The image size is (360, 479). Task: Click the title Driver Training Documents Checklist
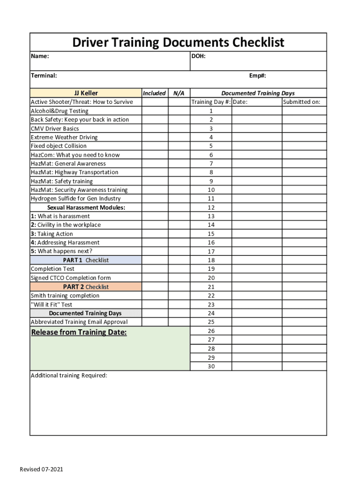pyautogui.click(x=178, y=43)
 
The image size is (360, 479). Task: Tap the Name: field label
pyautogui.click(x=40, y=57)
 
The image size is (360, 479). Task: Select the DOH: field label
pyautogui.click(x=199, y=57)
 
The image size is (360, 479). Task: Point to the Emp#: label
pyautogui.click(x=258, y=76)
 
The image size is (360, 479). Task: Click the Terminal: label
pyautogui.click(x=44, y=76)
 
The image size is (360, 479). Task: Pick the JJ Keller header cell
pyautogui.click(x=86, y=93)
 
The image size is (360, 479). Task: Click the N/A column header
pyautogui.click(x=179, y=93)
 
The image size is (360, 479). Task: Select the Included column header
pyautogui.click(x=154, y=93)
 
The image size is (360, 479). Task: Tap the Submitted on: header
pyautogui.click(x=302, y=102)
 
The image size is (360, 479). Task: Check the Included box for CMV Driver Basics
pyautogui.click(x=155, y=129)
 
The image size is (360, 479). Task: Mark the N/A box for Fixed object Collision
pyautogui.click(x=179, y=146)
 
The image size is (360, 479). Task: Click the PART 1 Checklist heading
pyautogui.click(x=86, y=260)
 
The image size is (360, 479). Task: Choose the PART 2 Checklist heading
pyautogui.click(x=86, y=287)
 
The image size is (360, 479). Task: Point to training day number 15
pyautogui.click(x=211, y=234)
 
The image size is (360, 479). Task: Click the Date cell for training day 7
pyautogui.click(x=257, y=164)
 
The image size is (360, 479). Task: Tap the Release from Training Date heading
pyautogui.click(x=79, y=333)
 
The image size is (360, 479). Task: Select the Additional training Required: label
pyautogui.click(x=69, y=376)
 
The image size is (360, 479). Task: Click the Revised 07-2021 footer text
pyautogui.click(x=41, y=469)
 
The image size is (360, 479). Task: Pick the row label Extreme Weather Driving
pyautogui.click(x=64, y=138)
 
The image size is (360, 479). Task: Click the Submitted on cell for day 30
pyautogui.click(x=304, y=366)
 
